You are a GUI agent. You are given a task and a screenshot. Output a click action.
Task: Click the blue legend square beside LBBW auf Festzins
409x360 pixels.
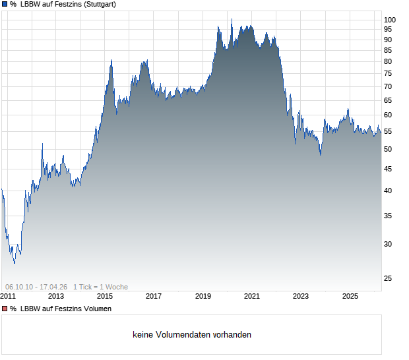5,5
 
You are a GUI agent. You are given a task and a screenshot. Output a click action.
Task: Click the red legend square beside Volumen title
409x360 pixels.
5,309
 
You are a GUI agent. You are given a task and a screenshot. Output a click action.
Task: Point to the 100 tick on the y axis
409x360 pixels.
390,20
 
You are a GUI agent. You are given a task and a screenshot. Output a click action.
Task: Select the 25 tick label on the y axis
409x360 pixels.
388,279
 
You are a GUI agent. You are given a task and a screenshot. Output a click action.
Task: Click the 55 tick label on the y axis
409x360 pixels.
388,132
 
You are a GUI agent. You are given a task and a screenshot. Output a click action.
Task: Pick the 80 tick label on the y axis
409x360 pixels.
388,62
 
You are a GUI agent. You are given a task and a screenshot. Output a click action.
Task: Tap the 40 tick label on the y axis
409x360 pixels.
388,191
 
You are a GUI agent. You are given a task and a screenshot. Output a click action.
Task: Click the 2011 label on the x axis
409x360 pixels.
9,297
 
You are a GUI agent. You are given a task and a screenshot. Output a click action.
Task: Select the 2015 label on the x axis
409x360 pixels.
105,297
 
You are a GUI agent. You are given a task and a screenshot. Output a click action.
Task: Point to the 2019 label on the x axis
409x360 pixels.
203,297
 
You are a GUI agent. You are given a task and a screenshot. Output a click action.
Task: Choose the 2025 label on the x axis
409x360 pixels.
350,297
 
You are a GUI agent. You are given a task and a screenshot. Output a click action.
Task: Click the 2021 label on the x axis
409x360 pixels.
252,297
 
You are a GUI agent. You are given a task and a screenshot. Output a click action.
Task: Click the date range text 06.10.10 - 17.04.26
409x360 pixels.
36,287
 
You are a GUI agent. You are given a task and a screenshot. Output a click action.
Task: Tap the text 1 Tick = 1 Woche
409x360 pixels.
100,287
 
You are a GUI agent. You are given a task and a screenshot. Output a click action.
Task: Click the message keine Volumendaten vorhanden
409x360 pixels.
192,335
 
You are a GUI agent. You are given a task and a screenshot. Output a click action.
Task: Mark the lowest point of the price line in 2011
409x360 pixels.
15,263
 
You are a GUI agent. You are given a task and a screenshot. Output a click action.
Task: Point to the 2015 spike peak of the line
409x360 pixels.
111,60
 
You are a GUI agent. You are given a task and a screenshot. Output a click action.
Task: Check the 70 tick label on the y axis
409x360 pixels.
388,87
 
